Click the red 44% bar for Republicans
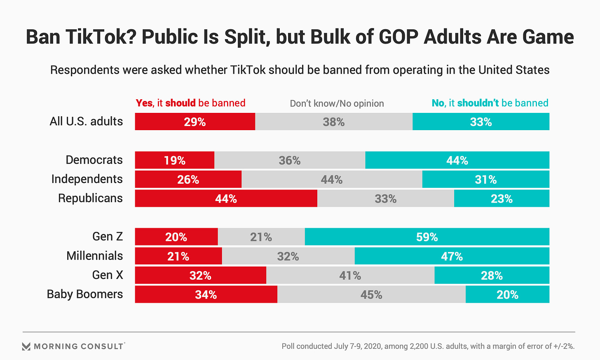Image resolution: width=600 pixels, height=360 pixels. (226, 199)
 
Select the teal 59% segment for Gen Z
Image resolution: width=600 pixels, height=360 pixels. (427, 237)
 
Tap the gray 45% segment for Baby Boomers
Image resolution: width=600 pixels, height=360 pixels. (371, 295)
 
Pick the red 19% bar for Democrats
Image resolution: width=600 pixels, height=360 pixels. (175, 160)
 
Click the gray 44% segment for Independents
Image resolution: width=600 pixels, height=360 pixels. (332, 180)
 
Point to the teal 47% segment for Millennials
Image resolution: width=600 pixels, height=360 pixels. (452, 256)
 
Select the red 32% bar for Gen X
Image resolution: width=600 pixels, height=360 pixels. (200, 275)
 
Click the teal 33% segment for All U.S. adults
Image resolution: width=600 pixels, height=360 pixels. (480, 122)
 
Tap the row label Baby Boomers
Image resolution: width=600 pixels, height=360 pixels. (85, 294)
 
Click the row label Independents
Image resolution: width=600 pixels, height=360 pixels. (87, 179)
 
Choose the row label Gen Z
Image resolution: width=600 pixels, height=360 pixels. (108, 236)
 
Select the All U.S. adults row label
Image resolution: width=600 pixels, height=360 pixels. (86, 121)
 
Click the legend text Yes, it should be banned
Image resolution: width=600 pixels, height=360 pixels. (190, 103)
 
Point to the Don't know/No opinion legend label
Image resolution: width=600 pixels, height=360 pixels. (337, 103)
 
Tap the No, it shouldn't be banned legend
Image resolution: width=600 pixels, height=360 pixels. (490, 103)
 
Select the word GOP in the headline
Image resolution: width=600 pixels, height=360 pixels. (398, 37)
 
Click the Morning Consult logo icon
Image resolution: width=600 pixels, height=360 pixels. (26, 346)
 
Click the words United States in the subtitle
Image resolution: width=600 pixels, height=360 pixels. (513, 70)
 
